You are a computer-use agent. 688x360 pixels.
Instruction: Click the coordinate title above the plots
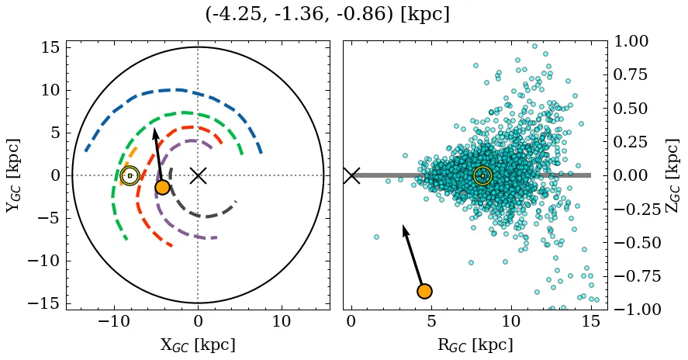point(327,15)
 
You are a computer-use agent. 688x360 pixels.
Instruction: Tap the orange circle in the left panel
point(162,187)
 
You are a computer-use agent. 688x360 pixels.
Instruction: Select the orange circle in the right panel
point(424,291)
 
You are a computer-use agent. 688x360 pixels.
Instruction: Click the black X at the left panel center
point(198,175)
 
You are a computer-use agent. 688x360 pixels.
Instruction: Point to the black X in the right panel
point(351,175)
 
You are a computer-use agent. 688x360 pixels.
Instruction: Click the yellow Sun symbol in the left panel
point(130,175)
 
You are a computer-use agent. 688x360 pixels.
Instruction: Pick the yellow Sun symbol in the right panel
point(482,175)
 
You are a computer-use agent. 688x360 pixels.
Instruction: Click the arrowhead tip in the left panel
point(154,129)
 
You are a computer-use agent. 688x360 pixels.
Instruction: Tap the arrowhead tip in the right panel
point(403,226)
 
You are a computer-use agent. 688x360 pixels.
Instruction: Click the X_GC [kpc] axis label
point(198,345)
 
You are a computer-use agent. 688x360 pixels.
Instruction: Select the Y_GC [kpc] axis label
point(12,175)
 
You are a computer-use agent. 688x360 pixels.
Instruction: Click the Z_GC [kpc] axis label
point(673,175)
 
